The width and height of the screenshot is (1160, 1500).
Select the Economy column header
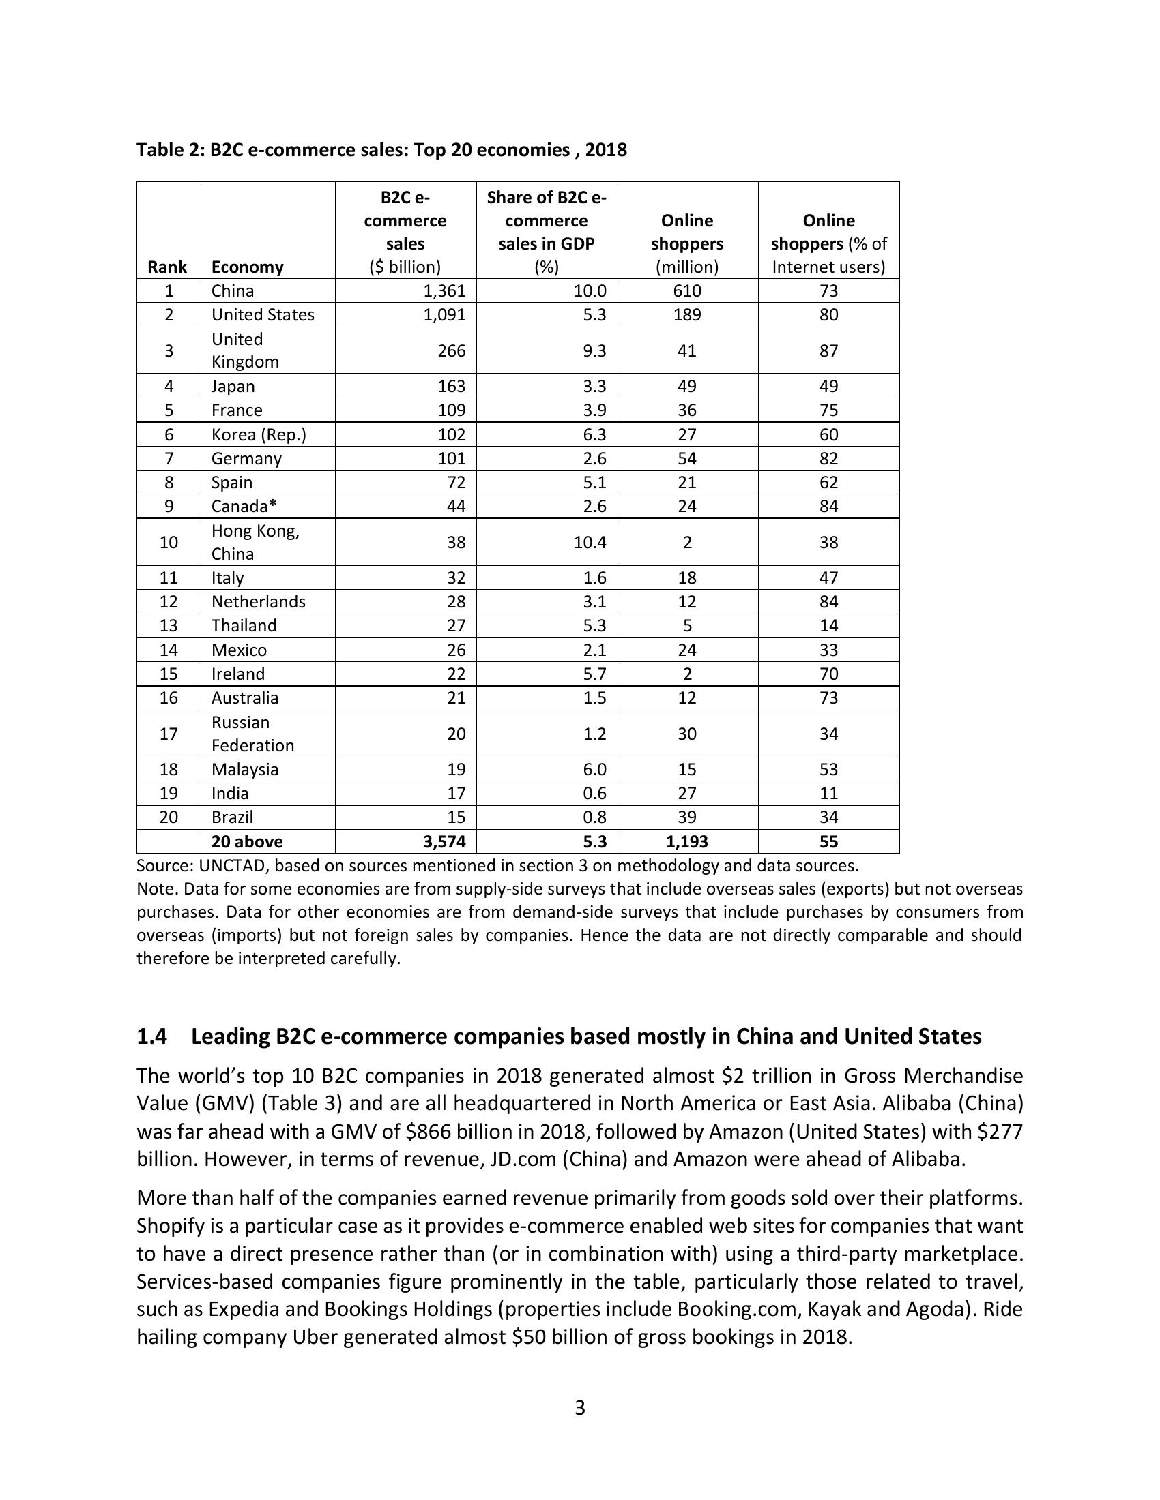(247, 267)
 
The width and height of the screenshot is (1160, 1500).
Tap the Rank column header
(167, 267)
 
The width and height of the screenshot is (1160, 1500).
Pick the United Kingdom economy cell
(245, 350)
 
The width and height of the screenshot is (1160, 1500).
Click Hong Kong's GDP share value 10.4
(590, 542)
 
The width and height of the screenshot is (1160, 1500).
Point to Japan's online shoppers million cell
(686, 386)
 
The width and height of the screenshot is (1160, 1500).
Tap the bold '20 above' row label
(247, 841)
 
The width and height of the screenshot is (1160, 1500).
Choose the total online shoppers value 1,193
(686, 841)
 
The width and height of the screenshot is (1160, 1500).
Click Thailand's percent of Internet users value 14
(828, 625)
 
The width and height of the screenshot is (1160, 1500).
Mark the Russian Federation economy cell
(252, 734)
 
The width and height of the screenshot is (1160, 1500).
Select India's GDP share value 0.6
(594, 793)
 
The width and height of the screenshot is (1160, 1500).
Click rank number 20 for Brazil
(169, 817)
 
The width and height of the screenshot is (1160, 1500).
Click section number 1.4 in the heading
(152, 1036)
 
